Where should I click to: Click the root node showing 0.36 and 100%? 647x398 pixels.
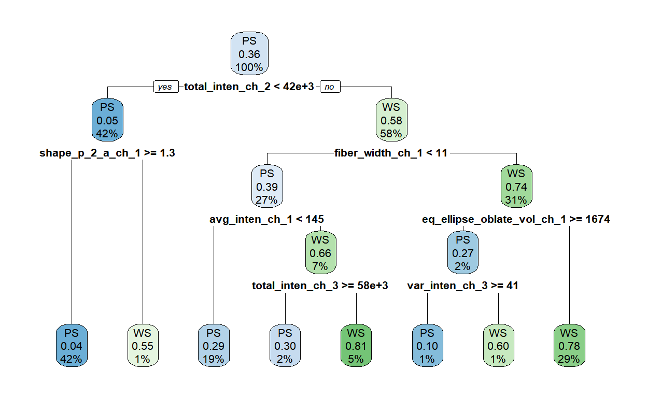[x=249, y=53]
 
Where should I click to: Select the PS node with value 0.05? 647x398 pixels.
[x=107, y=120]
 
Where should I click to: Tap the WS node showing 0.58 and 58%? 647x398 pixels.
[x=391, y=120]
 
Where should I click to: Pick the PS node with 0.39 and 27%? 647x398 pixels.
[x=267, y=186]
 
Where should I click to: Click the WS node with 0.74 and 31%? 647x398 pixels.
[x=516, y=186]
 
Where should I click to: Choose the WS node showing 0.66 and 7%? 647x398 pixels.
[x=320, y=252]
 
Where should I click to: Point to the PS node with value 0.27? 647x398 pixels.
[x=463, y=252]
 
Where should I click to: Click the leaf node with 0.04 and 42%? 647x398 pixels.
[x=72, y=346]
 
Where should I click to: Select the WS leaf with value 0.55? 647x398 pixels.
[x=143, y=346]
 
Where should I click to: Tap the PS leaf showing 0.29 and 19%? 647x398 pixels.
[x=214, y=346]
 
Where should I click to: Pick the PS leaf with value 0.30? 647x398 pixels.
[x=285, y=346]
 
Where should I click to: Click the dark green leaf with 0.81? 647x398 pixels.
[x=356, y=346]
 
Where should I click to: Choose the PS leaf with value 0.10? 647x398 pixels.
[x=428, y=346]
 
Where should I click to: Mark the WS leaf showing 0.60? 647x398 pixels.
[x=499, y=346]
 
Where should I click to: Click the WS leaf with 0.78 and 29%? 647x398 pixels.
[x=569, y=346]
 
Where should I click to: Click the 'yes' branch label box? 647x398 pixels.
[x=166, y=87]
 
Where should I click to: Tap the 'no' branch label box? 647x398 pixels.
[x=330, y=87]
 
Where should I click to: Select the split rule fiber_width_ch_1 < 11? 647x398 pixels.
[x=391, y=153]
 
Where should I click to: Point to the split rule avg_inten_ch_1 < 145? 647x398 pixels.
[x=266, y=219]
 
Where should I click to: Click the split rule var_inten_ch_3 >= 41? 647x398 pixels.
[x=463, y=286]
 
